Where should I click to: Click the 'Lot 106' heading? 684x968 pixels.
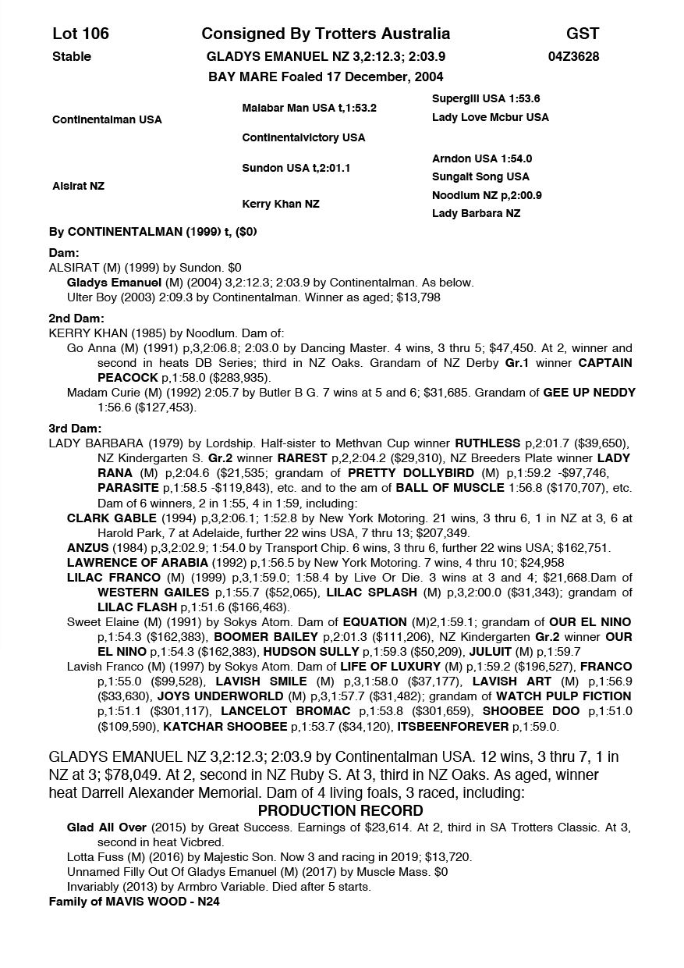coord(80,34)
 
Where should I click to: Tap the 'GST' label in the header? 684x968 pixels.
coord(583,34)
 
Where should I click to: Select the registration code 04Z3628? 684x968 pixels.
coord(573,56)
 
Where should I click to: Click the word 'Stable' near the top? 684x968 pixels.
coord(72,56)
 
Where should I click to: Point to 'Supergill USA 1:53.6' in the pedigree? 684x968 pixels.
coord(486,98)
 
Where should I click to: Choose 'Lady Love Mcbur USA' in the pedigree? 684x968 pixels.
coord(491,117)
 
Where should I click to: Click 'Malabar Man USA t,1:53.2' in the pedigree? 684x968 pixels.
coord(309,108)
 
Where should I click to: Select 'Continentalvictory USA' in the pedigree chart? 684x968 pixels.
coord(303,137)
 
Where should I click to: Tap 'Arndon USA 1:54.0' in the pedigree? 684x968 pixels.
coord(482,158)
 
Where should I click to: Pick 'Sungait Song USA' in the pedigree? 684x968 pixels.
coord(480,176)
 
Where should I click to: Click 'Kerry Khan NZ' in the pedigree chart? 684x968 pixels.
coord(281,204)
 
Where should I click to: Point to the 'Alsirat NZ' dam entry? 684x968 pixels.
coord(78,186)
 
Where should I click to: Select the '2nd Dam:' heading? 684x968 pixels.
coord(76,319)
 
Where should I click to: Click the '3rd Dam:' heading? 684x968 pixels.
coord(76,429)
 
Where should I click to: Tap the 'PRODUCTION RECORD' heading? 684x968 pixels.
coord(341,810)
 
